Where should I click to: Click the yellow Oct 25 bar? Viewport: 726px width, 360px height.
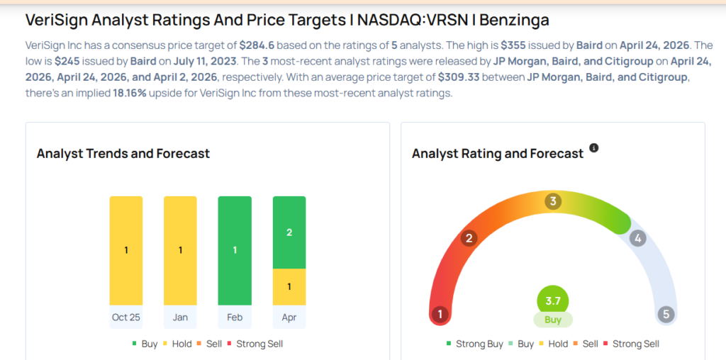click(125, 250)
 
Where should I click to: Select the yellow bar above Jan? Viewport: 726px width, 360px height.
click(180, 250)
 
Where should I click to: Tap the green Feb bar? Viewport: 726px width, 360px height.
click(235, 250)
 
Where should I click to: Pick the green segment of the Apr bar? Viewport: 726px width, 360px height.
click(289, 232)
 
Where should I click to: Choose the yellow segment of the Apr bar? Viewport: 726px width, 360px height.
click(289, 286)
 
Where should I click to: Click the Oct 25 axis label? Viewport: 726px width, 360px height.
click(125, 317)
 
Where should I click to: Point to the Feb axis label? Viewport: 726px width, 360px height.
click(235, 317)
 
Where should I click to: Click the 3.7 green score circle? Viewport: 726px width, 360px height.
click(553, 300)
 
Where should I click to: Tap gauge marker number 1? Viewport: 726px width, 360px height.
click(440, 314)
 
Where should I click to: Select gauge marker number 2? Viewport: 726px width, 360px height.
click(468, 238)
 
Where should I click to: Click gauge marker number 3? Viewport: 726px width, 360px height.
click(553, 201)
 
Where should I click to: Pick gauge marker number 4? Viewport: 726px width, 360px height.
click(638, 238)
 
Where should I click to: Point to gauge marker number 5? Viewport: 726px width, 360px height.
click(665, 314)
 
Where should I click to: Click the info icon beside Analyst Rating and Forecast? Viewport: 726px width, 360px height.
click(594, 147)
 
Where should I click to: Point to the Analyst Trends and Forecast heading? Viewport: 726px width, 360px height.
click(123, 154)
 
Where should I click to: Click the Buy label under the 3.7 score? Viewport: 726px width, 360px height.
click(553, 320)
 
